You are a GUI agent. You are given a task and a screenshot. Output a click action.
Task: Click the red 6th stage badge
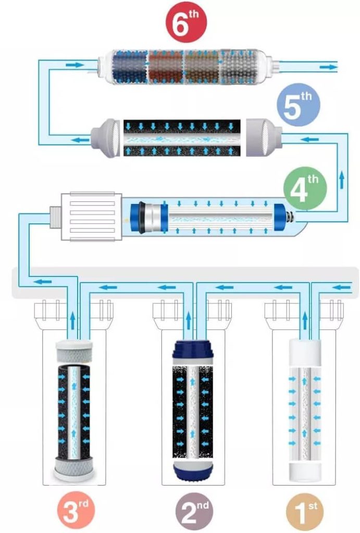pyautogui.click(x=186, y=22)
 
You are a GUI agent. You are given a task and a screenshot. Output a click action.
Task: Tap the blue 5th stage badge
pyautogui.click(x=299, y=105)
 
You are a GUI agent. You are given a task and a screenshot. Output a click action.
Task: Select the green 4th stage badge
pyautogui.click(x=305, y=188)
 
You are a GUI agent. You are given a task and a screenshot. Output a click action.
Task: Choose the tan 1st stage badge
pyautogui.click(x=305, y=512)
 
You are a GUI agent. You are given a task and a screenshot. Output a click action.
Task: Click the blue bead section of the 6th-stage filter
pyautogui.click(x=130, y=67)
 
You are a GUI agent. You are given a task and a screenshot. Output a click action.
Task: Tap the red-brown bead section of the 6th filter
pyautogui.click(x=166, y=67)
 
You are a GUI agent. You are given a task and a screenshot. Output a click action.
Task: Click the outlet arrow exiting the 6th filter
pyautogui.click(x=329, y=67)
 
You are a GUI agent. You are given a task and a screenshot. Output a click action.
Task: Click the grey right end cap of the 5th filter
pyautogui.click(x=264, y=137)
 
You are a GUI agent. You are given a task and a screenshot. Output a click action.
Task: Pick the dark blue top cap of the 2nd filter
pyautogui.click(x=193, y=349)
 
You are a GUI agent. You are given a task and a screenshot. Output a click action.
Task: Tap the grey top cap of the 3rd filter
pyautogui.click(x=74, y=350)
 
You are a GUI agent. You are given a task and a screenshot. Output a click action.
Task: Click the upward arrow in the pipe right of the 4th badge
pyautogui.click(x=342, y=181)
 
